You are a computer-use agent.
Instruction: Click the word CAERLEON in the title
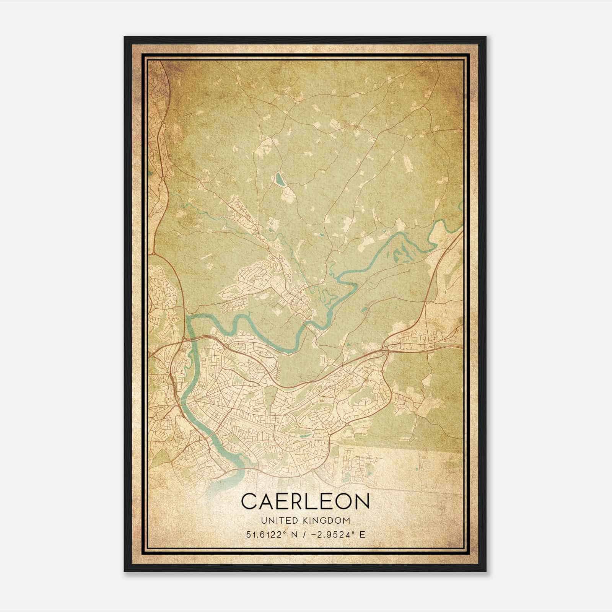click(x=305, y=501)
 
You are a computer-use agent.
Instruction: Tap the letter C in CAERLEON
click(x=250, y=501)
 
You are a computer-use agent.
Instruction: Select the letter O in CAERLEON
click(x=343, y=501)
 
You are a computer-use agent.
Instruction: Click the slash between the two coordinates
click(x=304, y=534)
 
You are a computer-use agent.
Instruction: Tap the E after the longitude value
click(x=362, y=534)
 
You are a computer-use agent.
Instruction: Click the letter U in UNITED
click(x=264, y=521)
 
